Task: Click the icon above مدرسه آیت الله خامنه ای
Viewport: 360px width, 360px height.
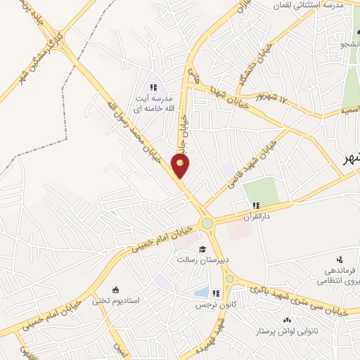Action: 152,87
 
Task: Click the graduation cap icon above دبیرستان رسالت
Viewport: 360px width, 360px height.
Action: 201,249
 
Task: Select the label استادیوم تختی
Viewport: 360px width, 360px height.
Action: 117,301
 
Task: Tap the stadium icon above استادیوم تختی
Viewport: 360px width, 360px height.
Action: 117,290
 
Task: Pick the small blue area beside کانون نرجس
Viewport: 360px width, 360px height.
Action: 201,292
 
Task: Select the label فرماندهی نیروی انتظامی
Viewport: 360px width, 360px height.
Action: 338,275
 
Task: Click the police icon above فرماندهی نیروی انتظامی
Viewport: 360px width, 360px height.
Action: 340,259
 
